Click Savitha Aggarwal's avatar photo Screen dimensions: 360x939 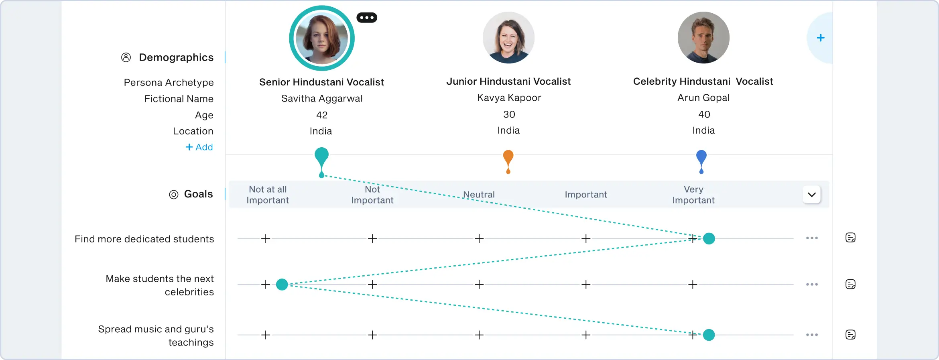(321, 39)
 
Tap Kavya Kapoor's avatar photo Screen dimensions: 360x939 (508, 38)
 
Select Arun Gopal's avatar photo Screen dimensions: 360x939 (703, 38)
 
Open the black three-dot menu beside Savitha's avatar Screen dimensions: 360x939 (367, 18)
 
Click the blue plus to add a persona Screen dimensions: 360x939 (821, 38)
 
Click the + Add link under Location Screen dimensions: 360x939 (199, 147)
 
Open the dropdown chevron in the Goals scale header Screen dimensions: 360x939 (811, 195)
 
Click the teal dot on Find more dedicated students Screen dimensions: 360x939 (709, 238)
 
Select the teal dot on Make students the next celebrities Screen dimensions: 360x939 (282, 285)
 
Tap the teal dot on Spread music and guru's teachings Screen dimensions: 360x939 (709, 335)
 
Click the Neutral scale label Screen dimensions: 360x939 (479, 195)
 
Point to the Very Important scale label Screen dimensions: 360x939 (693, 195)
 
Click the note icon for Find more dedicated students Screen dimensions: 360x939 (850, 238)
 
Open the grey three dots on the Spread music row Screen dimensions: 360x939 (811, 335)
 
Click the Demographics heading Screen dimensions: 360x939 (176, 57)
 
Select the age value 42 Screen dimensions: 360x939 (321, 115)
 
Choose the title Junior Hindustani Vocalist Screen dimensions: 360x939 (508, 81)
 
